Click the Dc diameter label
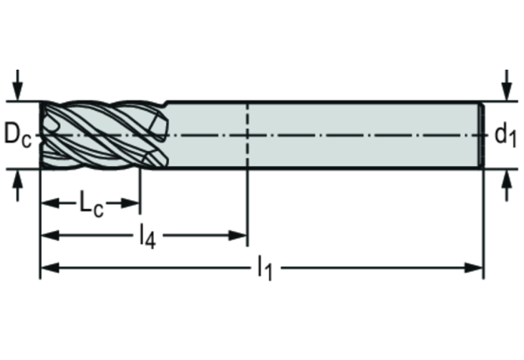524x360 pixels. coord(18,135)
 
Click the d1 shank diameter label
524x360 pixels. coord(505,135)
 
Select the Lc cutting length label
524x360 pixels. coord(92,203)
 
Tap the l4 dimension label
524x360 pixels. coord(148,236)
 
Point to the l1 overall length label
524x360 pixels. coord(265,268)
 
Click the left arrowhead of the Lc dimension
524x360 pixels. coord(50,203)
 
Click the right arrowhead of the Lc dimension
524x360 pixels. coord(131,203)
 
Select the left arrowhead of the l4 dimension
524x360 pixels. coord(50,236)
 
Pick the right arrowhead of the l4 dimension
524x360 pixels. coord(238,236)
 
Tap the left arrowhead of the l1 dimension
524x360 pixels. coord(50,268)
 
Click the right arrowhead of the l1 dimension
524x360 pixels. coord(474,268)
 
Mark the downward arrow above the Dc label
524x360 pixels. coord(17,85)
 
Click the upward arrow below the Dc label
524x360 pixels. coord(17,185)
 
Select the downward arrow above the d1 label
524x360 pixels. coord(508,85)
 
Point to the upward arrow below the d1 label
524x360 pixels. coord(508,185)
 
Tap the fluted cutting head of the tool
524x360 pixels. coord(104,135)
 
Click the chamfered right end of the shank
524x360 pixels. coord(481,135)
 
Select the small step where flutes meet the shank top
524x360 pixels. coord(166,103)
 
